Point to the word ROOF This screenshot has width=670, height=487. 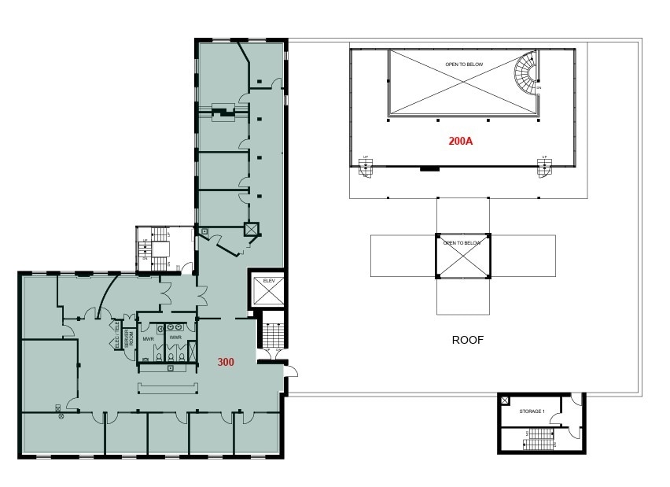point(467,341)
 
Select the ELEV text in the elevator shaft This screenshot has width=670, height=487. point(267,281)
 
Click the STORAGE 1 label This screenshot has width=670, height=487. point(532,411)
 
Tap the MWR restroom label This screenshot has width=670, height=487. point(148,338)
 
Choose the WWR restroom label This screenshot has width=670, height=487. point(175,338)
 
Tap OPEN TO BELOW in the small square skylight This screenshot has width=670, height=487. point(462,243)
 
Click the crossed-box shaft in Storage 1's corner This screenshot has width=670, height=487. point(505,400)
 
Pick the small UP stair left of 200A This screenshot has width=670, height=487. point(365,167)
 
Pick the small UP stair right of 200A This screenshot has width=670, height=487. point(543,167)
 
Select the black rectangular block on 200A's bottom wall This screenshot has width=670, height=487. point(429,168)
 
